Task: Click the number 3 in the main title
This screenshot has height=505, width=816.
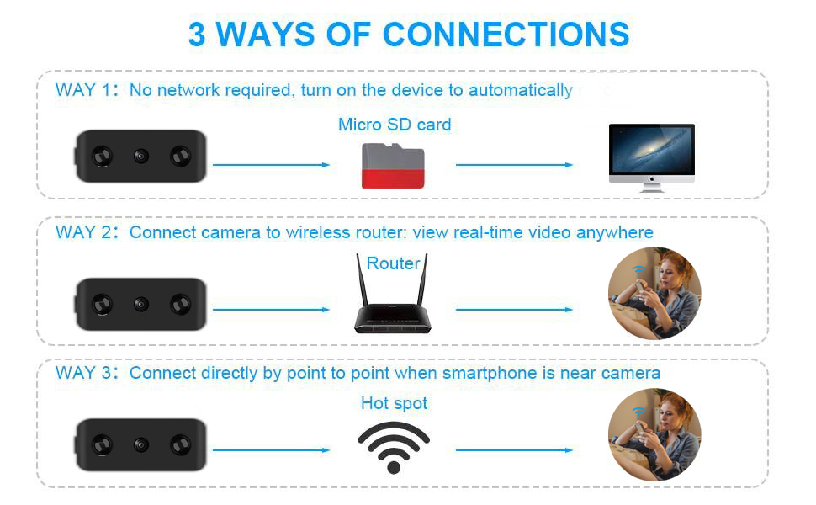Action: pyautogui.click(x=197, y=35)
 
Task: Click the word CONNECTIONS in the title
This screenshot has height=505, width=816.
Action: pyautogui.click(x=506, y=35)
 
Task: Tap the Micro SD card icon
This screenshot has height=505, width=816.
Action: pyautogui.click(x=393, y=166)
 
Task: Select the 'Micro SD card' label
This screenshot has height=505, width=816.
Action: pyautogui.click(x=395, y=125)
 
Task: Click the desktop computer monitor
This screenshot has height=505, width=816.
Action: pyautogui.click(x=652, y=153)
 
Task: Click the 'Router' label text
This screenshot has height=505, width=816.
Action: pyautogui.click(x=393, y=263)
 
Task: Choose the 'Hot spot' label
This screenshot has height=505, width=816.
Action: pyautogui.click(x=394, y=403)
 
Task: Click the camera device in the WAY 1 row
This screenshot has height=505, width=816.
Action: pyautogui.click(x=140, y=157)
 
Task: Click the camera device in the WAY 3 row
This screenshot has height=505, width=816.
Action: pyautogui.click(x=140, y=445)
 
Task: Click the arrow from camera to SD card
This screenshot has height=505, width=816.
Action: pyautogui.click(x=271, y=165)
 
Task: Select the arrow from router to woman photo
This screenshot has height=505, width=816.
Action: pyautogui.click(x=514, y=310)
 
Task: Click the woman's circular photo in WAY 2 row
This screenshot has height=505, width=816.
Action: pyautogui.click(x=654, y=294)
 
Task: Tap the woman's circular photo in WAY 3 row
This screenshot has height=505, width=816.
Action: pyautogui.click(x=654, y=435)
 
